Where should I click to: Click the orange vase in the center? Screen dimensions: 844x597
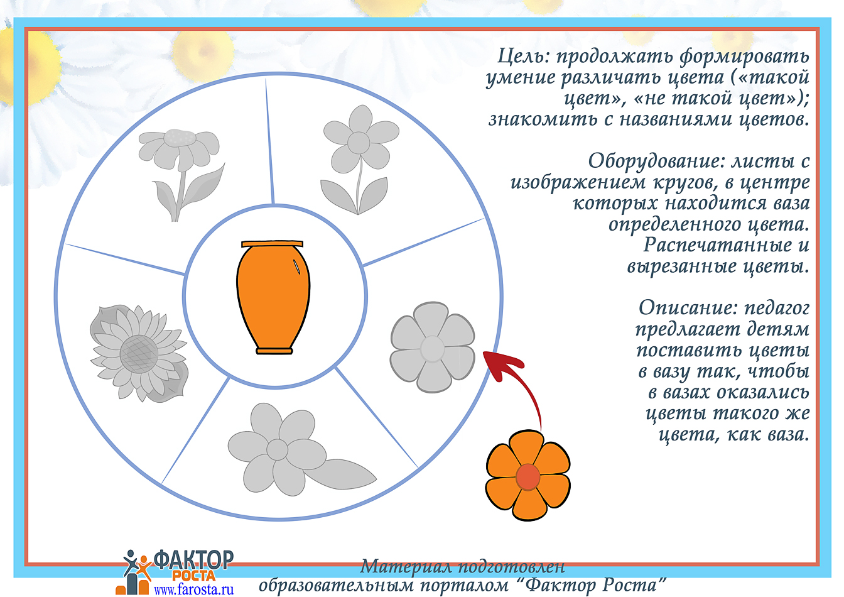point(273,297)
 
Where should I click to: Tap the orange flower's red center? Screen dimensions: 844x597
point(528,477)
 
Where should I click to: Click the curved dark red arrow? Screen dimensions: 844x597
point(512,381)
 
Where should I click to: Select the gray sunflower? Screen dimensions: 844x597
point(139,353)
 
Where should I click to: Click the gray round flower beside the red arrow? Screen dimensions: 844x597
point(433,348)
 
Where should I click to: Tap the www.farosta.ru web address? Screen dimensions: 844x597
point(193,589)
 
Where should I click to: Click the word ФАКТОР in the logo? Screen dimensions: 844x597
point(193,560)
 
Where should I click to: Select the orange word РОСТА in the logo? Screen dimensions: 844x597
point(193,576)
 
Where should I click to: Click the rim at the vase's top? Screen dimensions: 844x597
point(272,244)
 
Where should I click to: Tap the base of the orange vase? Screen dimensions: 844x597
point(274,351)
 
